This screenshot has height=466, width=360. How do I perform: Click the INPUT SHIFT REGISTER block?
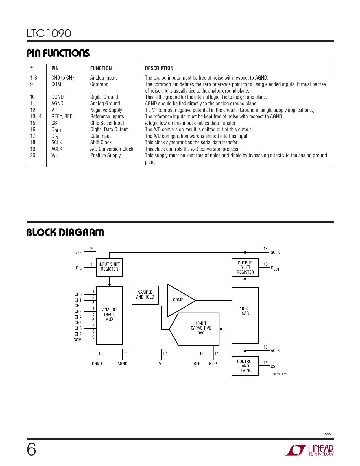(109, 267)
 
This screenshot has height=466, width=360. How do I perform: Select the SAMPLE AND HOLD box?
(145, 295)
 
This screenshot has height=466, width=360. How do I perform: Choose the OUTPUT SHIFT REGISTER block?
(245, 267)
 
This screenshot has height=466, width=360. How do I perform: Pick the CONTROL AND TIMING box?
(245, 366)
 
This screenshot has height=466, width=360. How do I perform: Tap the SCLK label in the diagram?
(275, 252)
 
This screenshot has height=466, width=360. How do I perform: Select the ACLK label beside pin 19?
(275, 351)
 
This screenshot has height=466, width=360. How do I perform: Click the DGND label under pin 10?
(97, 364)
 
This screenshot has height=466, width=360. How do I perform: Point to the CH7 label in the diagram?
(78, 334)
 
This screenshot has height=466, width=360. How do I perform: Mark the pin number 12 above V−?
(165, 354)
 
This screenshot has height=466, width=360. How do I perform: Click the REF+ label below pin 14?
(213, 364)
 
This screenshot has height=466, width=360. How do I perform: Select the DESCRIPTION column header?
(159, 68)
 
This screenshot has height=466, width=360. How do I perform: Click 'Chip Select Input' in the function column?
(107, 123)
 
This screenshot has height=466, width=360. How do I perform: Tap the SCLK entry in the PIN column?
(57, 143)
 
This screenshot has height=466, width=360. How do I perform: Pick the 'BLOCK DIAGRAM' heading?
(65, 233)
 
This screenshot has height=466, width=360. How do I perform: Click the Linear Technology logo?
(309, 450)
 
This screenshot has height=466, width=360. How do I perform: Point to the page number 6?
(31, 450)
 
